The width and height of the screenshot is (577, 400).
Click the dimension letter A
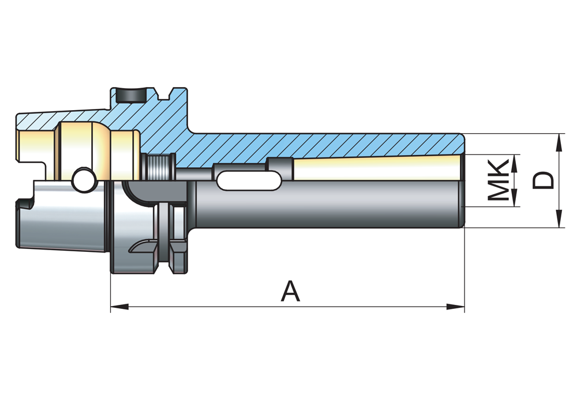[290, 291]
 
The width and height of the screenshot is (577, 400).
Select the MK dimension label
[499, 180]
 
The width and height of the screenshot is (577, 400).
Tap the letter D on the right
[543, 180]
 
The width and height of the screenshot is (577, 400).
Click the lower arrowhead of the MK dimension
[514, 199]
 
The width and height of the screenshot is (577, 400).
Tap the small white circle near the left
[84, 180]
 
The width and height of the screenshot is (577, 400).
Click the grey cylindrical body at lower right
[329, 205]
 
